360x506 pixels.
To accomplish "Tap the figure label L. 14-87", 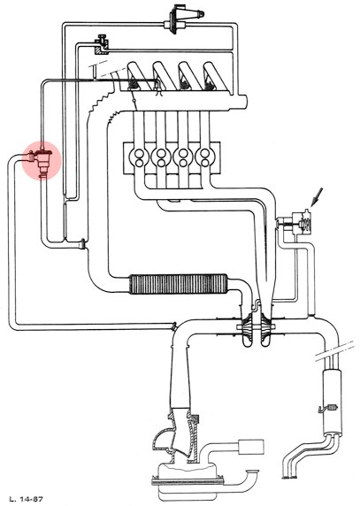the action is click(26, 499).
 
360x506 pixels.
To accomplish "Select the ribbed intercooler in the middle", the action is click(178, 284).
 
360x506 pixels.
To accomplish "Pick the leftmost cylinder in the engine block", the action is click(139, 157).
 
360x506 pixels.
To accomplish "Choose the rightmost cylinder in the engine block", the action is click(205, 157).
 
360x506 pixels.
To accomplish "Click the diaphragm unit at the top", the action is click(181, 19).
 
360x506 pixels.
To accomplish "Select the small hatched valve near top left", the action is click(102, 44).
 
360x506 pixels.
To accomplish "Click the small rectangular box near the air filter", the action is click(251, 447).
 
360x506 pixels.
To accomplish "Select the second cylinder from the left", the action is click(161, 157).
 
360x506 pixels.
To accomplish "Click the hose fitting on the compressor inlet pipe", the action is click(174, 326).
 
